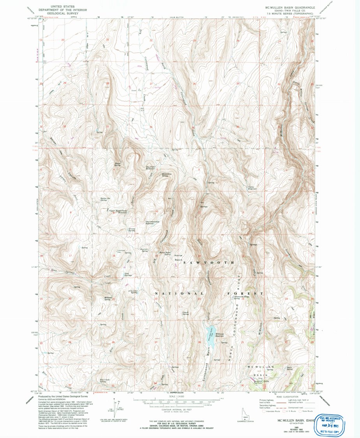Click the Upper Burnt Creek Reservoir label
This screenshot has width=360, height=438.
[x=118, y=211]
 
